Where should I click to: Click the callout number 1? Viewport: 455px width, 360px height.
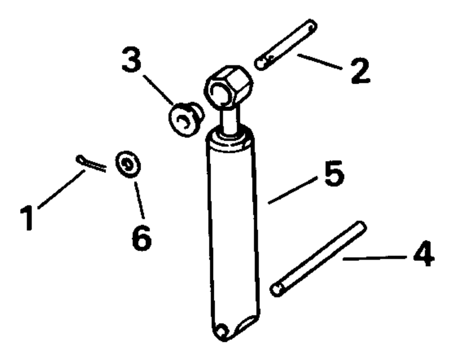pos(28,218)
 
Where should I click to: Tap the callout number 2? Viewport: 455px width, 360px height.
pos(360,71)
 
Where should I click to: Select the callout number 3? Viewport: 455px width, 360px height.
pos(131,60)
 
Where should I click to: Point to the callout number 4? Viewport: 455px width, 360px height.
pos(424,253)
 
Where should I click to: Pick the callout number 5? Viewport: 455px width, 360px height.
pos(334,173)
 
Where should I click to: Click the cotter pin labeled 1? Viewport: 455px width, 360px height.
pos(91,163)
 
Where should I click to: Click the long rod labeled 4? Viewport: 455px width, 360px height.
pos(318,259)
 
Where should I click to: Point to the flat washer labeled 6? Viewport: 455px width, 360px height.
pos(128,164)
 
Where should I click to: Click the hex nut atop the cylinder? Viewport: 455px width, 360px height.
pos(228,86)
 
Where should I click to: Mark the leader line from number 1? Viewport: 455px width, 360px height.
pos(61,189)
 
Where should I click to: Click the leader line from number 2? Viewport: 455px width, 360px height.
pos(319,61)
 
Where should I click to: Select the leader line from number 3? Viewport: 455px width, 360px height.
pos(158,90)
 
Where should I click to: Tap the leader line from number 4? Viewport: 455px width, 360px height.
pos(375,258)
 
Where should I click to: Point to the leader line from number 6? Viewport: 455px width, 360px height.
pos(139,200)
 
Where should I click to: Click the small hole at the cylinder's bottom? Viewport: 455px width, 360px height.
pos(222,331)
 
